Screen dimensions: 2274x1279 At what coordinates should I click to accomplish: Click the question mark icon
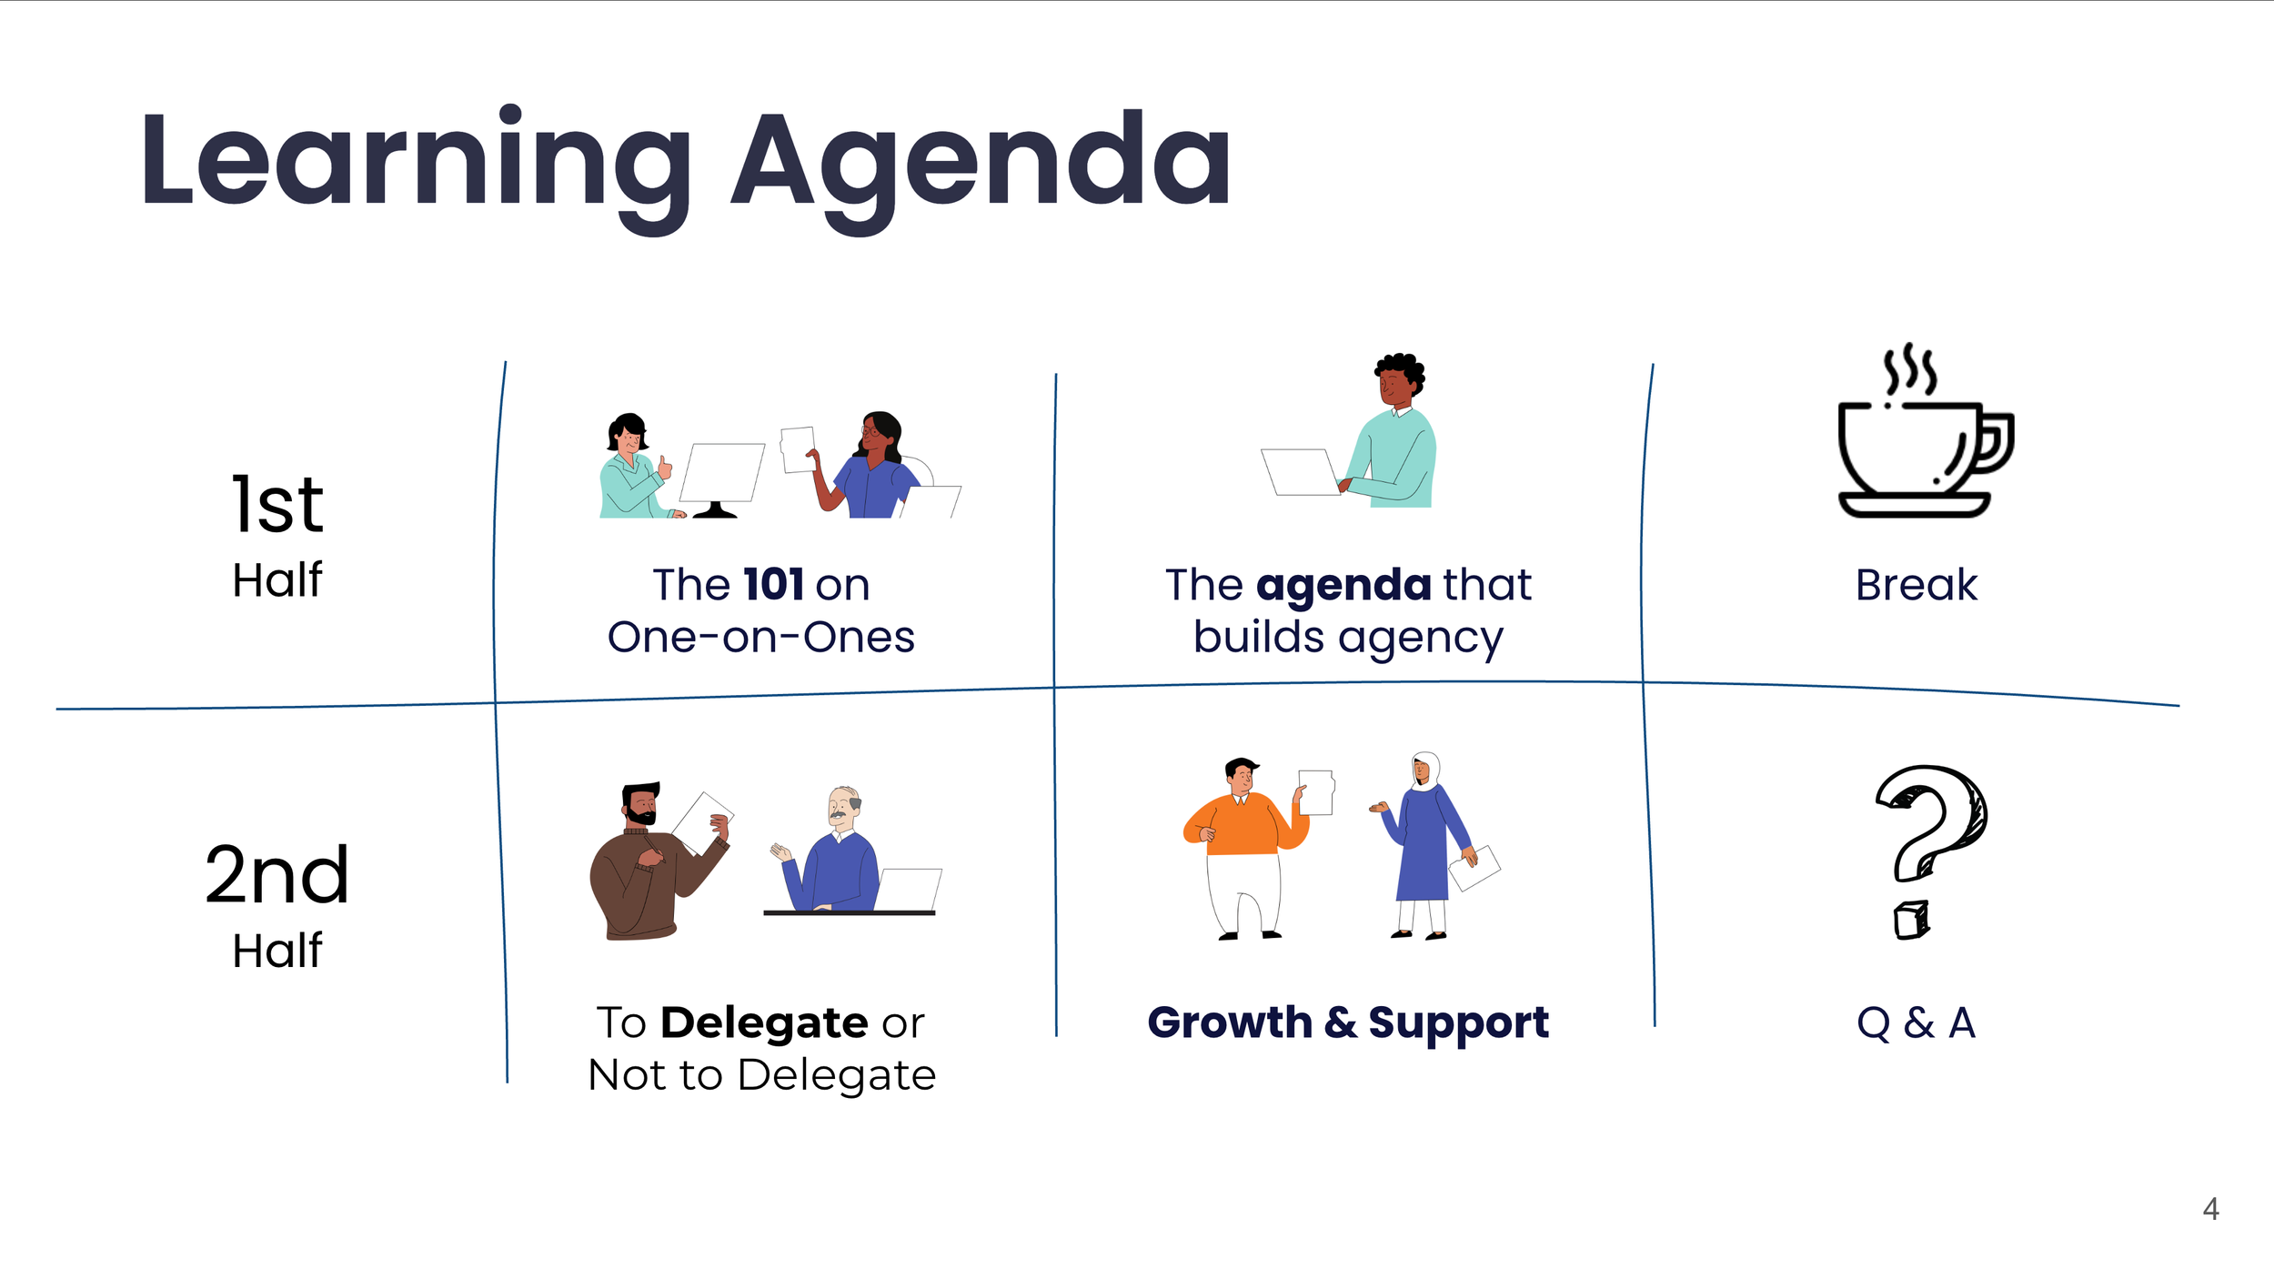[x=1930, y=851]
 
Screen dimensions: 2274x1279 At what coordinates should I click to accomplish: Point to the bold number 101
[x=773, y=584]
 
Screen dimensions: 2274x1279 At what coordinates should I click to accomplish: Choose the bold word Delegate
[x=764, y=1023]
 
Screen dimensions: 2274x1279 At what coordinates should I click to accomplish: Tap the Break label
[x=1917, y=584]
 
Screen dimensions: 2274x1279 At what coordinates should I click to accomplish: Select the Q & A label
[x=1917, y=1022]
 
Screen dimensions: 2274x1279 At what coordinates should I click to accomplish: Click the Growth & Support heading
[x=1348, y=1022]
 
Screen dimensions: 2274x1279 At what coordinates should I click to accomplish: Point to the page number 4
[x=2211, y=1209]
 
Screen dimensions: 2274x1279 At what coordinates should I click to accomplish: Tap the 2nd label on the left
[x=277, y=874]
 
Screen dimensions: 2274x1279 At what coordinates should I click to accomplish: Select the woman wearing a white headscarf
[x=1425, y=845]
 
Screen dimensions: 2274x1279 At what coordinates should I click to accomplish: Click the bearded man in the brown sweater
[x=657, y=861]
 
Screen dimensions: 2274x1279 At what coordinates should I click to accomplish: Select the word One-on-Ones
[x=761, y=637]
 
